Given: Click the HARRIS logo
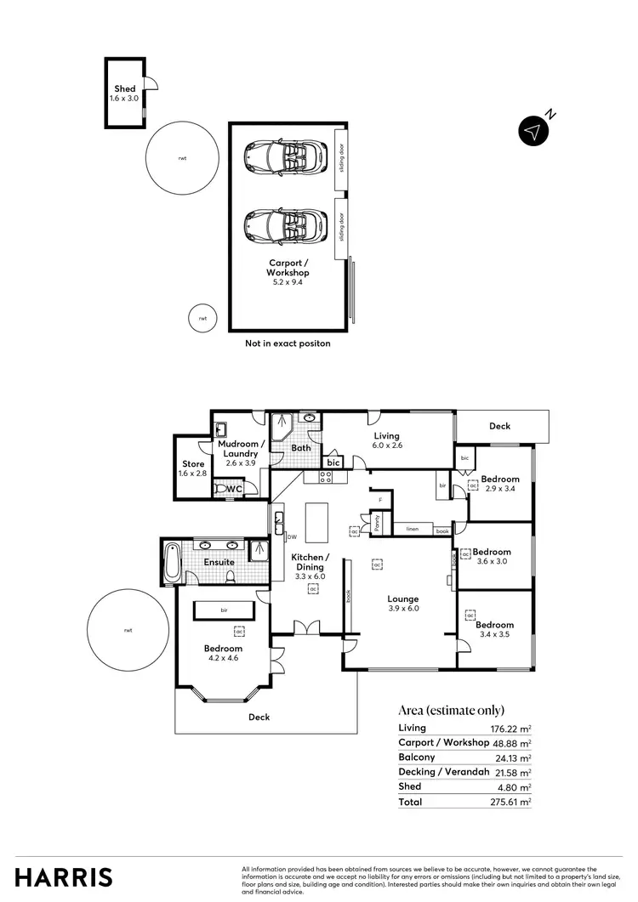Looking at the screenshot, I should click(x=64, y=877).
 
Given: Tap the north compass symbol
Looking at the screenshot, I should click(x=533, y=131).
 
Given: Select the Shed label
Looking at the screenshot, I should click(x=125, y=89).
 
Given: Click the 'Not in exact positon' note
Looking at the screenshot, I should click(x=287, y=343).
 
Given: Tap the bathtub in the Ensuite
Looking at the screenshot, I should click(x=172, y=563).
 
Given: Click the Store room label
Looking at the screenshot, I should click(x=193, y=464).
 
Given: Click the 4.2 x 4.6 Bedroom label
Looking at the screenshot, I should click(x=222, y=649).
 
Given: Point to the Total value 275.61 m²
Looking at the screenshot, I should click(x=513, y=801).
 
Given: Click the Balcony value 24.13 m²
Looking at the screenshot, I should click(x=514, y=757).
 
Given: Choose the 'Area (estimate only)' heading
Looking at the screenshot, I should click(x=451, y=710).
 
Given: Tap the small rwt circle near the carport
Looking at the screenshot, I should click(x=202, y=318).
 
